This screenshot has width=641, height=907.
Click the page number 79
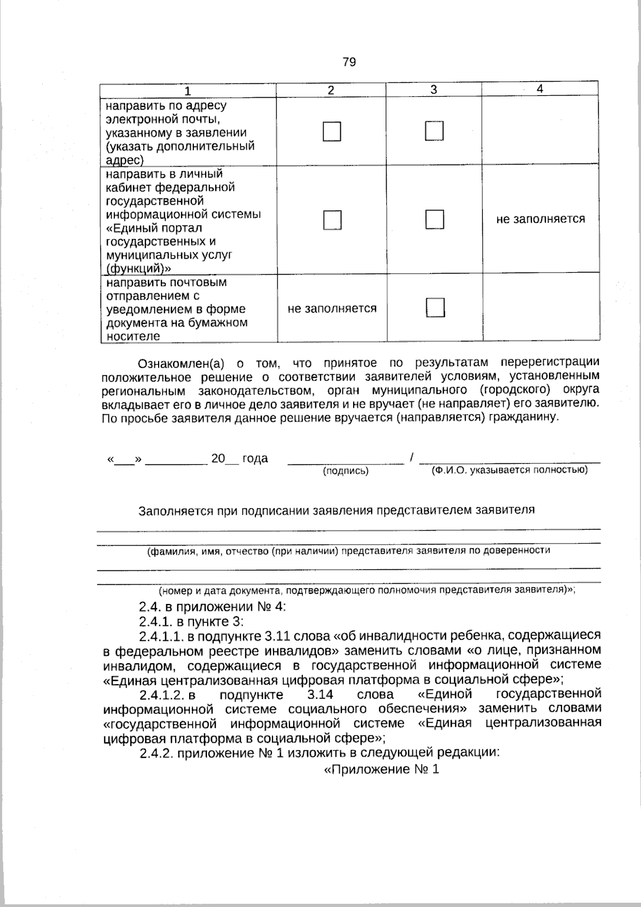pyautogui.click(x=349, y=62)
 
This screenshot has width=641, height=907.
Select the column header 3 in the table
pyautogui.click(x=434, y=90)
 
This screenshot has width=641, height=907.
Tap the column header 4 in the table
pyautogui.click(x=540, y=89)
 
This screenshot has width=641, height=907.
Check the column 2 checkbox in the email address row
pyautogui.click(x=332, y=131)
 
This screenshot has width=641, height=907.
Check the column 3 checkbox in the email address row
pyautogui.click(x=434, y=131)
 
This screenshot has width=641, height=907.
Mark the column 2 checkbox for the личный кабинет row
pyautogui.click(x=332, y=220)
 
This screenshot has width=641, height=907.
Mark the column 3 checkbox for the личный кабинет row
pyautogui.click(x=434, y=219)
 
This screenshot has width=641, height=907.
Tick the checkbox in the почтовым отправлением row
pyautogui.click(x=435, y=307)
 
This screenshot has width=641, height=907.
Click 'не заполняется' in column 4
pyautogui.click(x=540, y=219)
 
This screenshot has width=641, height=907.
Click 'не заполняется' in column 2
pyautogui.click(x=332, y=308)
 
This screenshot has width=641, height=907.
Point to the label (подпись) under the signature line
pyautogui.click(x=346, y=471)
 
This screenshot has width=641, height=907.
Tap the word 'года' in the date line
pyautogui.click(x=255, y=459)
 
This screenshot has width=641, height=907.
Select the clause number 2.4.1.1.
pyautogui.click(x=161, y=636)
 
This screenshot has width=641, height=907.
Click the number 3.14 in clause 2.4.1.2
pyautogui.click(x=320, y=694)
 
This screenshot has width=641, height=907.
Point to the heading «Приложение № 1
pyautogui.click(x=381, y=770)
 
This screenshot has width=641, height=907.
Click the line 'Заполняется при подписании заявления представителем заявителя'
pyautogui.click(x=337, y=510)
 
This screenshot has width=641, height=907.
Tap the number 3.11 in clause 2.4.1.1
pyautogui.click(x=277, y=636)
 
